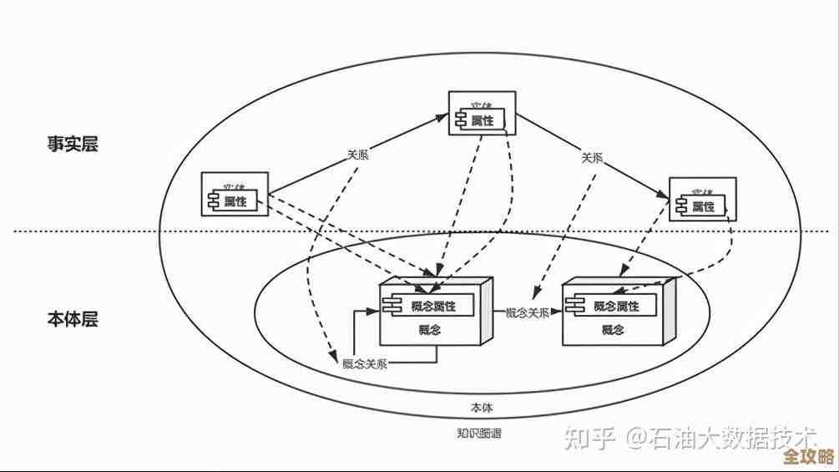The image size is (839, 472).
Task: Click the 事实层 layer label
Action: pyautogui.click(x=72, y=144)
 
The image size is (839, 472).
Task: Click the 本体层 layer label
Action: pyautogui.click(x=72, y=319)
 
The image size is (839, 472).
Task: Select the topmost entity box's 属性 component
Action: pyautogui.click(x=483, y=120)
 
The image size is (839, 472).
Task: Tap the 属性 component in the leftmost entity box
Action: pyautogui.click(x=235, y=200)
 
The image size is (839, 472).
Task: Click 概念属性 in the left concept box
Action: pyautogui.click(x=432, y=306)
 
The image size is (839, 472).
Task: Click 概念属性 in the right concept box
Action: pyautogui.click(x=615, y=306)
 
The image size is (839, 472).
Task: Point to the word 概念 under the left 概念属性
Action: pyautogui.click(x=431, y=329)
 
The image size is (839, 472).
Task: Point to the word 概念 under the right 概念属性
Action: pyautogui.click(x=614, y=329)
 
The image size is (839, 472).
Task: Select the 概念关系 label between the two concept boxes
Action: pyautogui.click(x=528, y=312)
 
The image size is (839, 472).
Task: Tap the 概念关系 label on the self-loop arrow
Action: pyautogui.click(x=365, y=363)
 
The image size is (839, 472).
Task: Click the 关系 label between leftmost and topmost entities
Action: pyautogui.click(x=358, y=155)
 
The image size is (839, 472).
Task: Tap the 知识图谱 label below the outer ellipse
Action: pyautogui.click(x=479, y=433)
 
